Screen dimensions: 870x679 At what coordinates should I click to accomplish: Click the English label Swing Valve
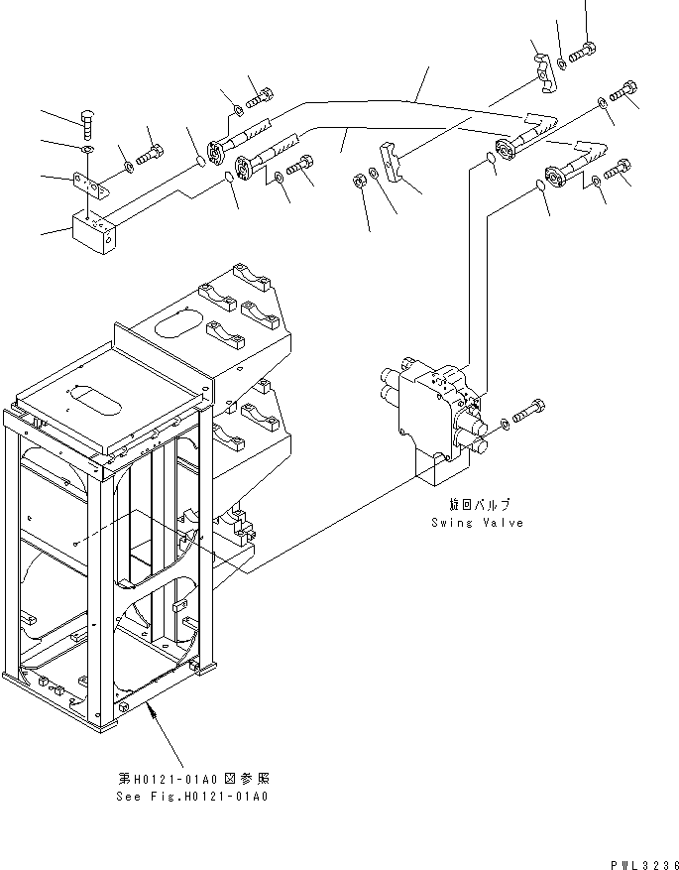(x=476, y=523)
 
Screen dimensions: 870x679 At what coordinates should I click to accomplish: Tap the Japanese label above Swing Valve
(x=477, y=506)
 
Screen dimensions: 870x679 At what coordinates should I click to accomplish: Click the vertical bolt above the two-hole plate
(x=88, y=125)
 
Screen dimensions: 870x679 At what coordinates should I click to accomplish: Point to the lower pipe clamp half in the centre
(x=395, y=163)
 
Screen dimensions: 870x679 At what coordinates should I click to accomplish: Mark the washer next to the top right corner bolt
(x=563, y=63)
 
